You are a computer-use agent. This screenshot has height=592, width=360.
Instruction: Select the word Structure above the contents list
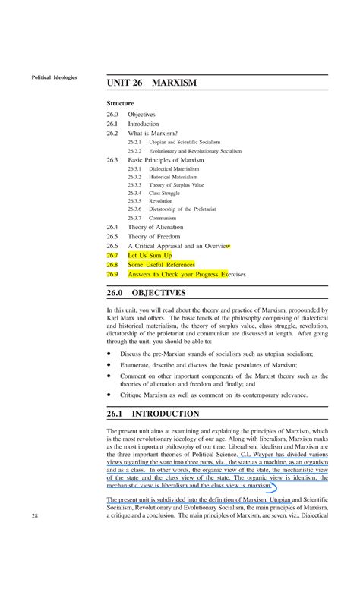pyautogui.click(x=120, y=102)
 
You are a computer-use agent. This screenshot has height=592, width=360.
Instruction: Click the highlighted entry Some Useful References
pyautogui.click(x=161, y=265)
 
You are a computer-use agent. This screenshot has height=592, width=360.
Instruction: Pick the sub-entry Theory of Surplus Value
pyautogui.click(x=176, y=184)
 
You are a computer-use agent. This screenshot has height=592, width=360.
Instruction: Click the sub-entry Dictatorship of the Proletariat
pyautogui.click(x=182, y=208)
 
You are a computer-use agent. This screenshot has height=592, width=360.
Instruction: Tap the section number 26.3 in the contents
pyautogui.click(x=112, y=160)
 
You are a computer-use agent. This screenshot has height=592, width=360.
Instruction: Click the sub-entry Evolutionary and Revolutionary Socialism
pyautogui.click(x=194, y=151)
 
